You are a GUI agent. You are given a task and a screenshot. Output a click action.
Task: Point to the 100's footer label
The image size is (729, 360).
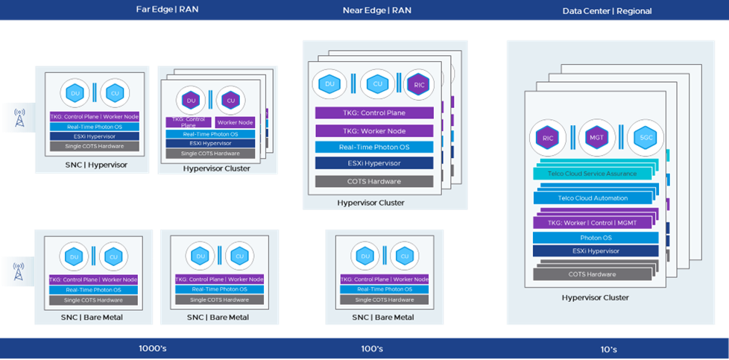372,349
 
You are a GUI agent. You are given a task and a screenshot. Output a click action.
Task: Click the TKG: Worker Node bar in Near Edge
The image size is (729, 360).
374,130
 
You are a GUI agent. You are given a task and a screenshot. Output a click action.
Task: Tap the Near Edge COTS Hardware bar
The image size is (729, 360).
374,181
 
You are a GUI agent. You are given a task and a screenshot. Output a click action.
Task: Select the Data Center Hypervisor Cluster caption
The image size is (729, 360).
596,297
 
